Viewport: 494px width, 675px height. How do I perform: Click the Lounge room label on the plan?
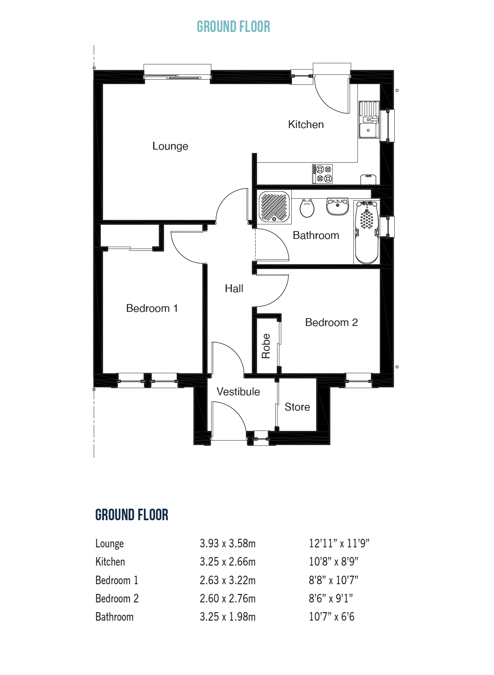click(x=170, y=146)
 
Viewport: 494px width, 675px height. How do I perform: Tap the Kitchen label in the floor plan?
click(x=306, y=124)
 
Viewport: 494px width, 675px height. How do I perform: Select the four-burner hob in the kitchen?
click(x=322, y=174)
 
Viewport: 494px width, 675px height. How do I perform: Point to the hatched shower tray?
click(x=275, y=207)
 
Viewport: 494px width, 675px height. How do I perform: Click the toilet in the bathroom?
click(x=307, y=208)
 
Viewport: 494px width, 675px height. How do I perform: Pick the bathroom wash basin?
click(x=337, y=207)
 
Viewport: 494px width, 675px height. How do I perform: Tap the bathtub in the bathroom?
click(x=367, y=233)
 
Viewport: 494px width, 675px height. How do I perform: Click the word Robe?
click(x=266, y=346)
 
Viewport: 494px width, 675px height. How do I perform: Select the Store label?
click(x=297, y=407)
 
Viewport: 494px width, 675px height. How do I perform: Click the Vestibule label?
click(x=238, y=391)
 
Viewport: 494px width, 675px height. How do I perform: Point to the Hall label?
click(x=234, y=288)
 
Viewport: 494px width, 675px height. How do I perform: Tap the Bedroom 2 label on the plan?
click(x=331, y=322)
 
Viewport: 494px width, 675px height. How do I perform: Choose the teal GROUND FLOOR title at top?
click(x=233, y=27)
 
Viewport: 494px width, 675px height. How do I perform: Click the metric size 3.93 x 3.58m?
click(x=227, y=543)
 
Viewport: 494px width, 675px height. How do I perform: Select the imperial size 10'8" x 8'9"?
click(x=333, y=562)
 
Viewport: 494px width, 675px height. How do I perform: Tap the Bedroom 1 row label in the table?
click(x=116, y=580)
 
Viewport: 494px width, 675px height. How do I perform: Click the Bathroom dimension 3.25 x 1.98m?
click(x=227, y=617)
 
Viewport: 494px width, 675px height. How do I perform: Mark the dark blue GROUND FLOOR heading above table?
click(x=132, y=515)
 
